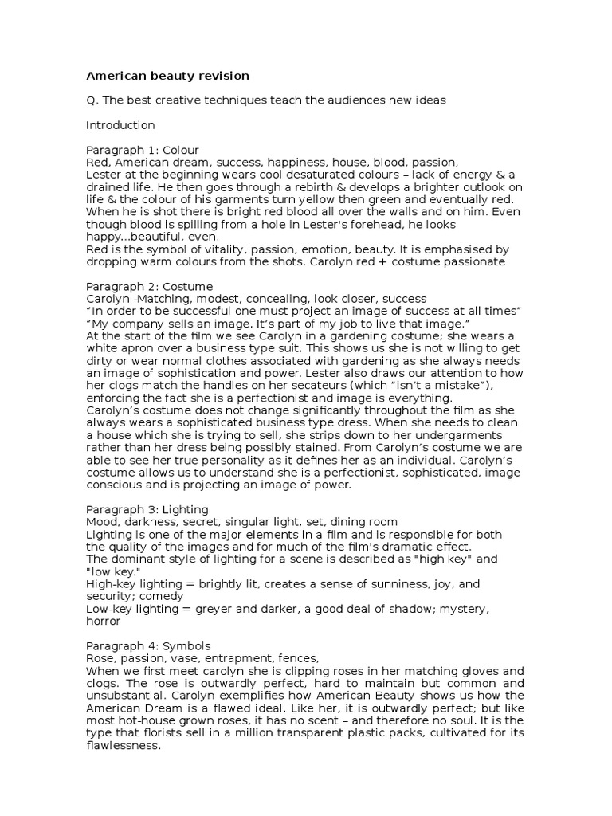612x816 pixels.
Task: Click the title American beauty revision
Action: pos(167,76)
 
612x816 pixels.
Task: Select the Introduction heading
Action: pos(120,125)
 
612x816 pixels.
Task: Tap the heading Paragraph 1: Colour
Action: pos(142,150)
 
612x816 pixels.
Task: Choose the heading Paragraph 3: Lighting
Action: pos(147,509)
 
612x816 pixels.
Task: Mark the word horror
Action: pos(103,621)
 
